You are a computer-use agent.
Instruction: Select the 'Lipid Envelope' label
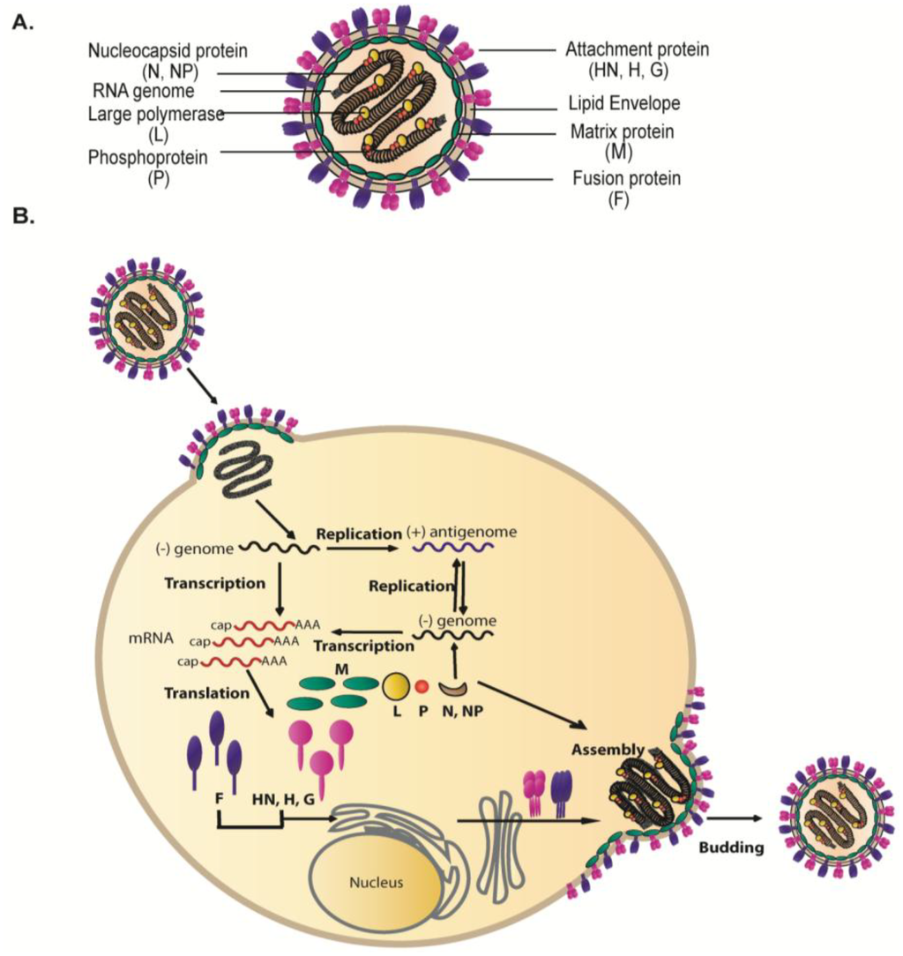click(x=624, y=103)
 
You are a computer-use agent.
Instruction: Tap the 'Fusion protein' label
click(x=626, y=179)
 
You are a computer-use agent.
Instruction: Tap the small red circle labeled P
click(x=422, y=686)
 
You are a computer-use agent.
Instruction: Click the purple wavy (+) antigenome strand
click(x=453, y=548)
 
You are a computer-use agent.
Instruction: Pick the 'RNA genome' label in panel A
click(x=143, y=89)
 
